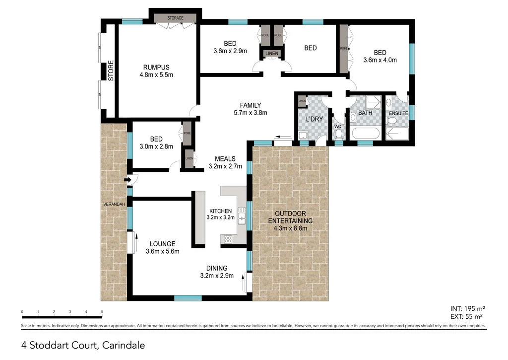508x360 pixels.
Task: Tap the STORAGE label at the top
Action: coord(175,18)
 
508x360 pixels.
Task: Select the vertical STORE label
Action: coord(111,71)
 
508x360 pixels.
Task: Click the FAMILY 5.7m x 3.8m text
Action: coord(250,109)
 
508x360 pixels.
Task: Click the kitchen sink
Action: coord(242,215)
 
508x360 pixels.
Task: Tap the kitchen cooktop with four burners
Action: coord(229,239)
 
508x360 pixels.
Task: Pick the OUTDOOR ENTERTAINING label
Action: coord(290,220)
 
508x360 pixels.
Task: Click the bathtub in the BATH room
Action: coord(365,134)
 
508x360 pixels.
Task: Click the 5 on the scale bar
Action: coord(102,312)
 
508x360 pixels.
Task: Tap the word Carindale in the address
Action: coord(124,344)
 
